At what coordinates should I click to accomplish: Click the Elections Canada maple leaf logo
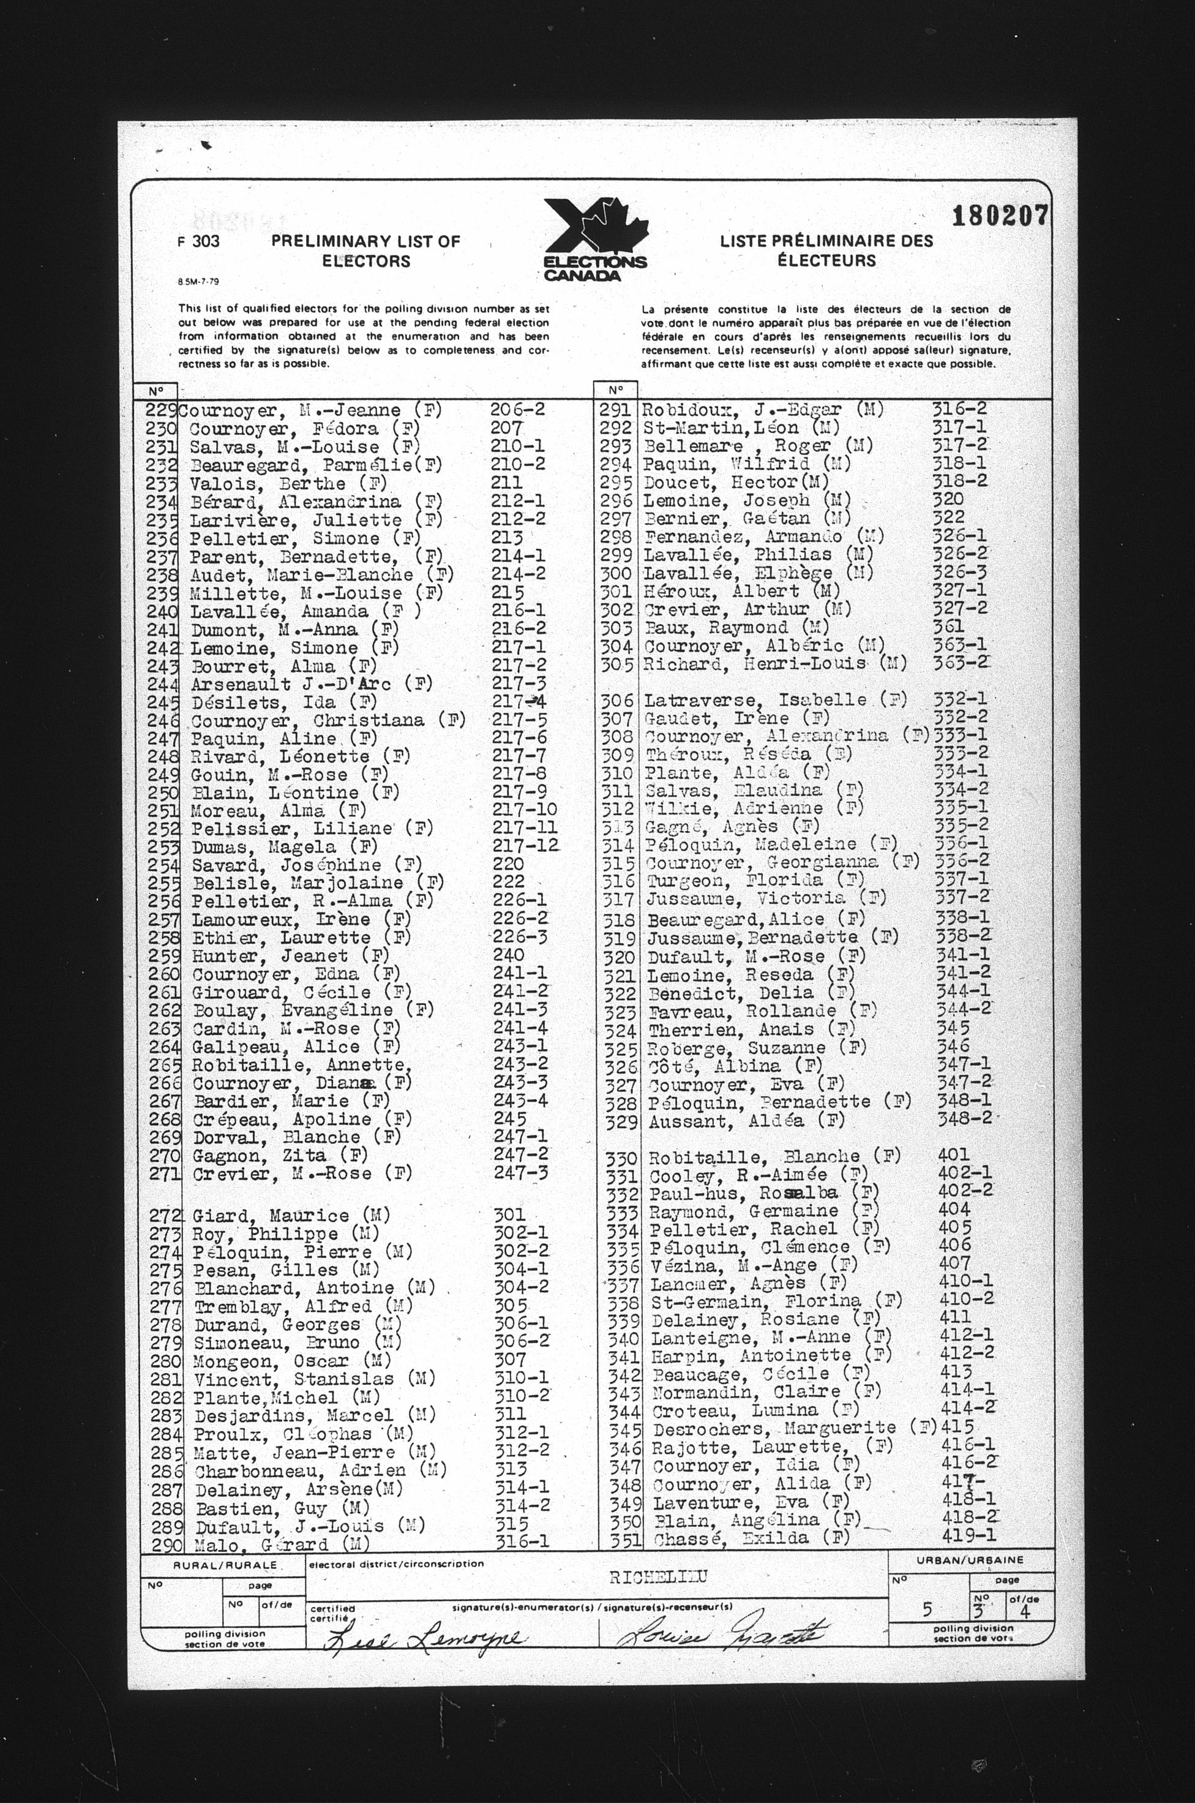(x=595, y=238)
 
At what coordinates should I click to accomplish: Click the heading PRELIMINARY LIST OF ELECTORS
(x=366, y=251)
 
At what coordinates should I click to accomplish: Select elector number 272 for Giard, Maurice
(x=165, y=1216)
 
